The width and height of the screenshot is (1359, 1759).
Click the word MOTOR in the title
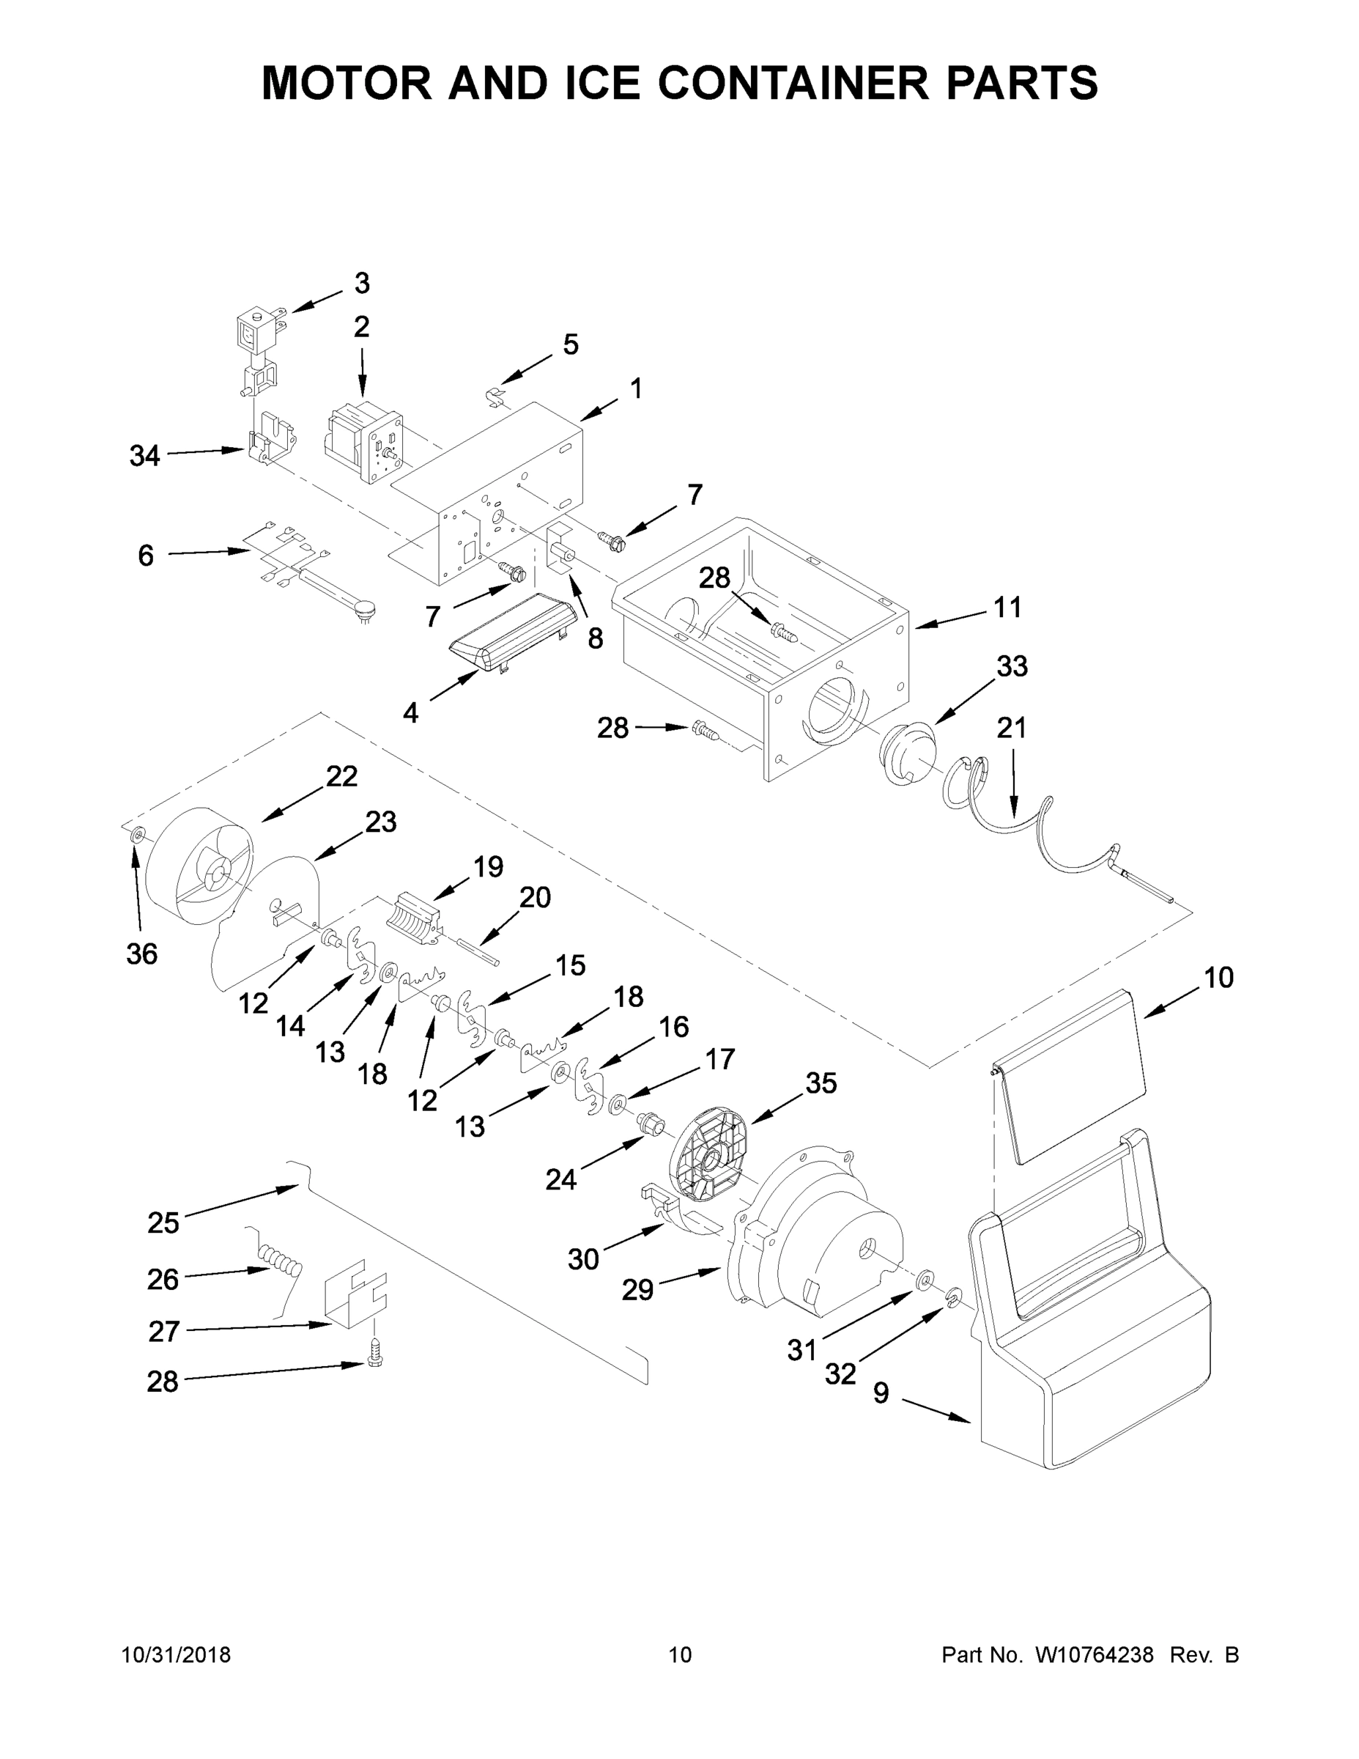click(x=347, y=82)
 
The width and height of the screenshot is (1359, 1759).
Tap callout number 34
click(x=145, y=457)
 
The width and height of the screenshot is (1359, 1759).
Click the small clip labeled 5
click(x=497, y=396)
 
